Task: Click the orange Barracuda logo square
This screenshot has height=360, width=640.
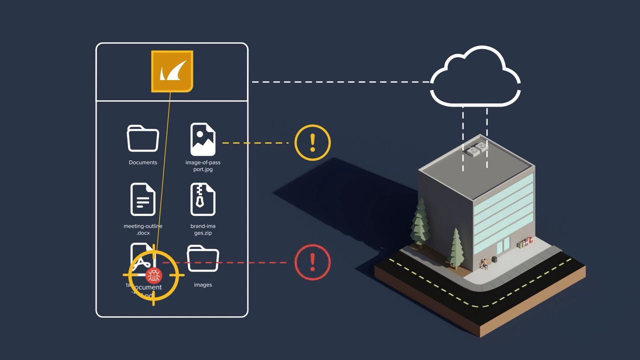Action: tap(172, 71)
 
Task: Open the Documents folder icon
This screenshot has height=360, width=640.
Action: tap(143, 138)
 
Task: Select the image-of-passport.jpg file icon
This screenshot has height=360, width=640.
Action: tap(203, 139)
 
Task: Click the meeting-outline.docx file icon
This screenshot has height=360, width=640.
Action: tap(143, 199)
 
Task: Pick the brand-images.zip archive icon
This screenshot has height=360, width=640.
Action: tap(203, 199)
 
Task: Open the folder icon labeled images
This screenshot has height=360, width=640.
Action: tap(203, 258)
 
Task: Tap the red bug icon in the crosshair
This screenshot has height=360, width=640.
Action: tap(153, 275)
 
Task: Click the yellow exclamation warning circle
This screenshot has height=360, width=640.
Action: tap(312, 142)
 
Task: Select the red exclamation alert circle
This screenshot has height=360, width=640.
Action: tap(312, 262)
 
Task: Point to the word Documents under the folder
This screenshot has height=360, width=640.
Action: tap(143, 162)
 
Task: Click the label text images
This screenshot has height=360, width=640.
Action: tap(203, 285)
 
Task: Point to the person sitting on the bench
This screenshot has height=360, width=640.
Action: tap(483, 263)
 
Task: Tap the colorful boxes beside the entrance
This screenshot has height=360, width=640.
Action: tap(523, 243)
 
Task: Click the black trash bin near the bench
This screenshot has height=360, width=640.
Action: tap(494, 260)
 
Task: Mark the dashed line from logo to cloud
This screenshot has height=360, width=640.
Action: tap(340, 82)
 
